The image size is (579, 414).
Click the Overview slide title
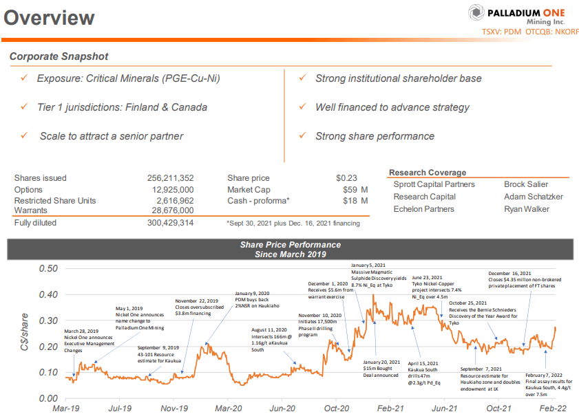tap(49, 17)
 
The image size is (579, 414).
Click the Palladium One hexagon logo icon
tap(476, 13)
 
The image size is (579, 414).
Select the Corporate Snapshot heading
tap(59, 56)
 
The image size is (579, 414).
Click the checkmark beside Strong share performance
tap(302, 136)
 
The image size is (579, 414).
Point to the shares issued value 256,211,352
tap(170, 178)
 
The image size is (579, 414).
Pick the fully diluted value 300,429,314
tap(170, 223)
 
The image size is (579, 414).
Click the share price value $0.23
tap(348, 178)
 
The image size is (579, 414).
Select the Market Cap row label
tap(249, 189)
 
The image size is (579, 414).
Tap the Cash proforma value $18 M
tap(355, 201)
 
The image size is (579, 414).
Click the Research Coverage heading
tap(428, 173)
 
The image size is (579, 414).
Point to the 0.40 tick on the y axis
tap(48, 294)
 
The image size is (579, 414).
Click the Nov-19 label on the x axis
tap(174, 408)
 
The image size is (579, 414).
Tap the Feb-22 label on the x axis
tap(553, 408)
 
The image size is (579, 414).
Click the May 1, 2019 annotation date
tap(129, 307)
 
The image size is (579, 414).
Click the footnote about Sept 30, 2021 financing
tap(293, 223)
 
